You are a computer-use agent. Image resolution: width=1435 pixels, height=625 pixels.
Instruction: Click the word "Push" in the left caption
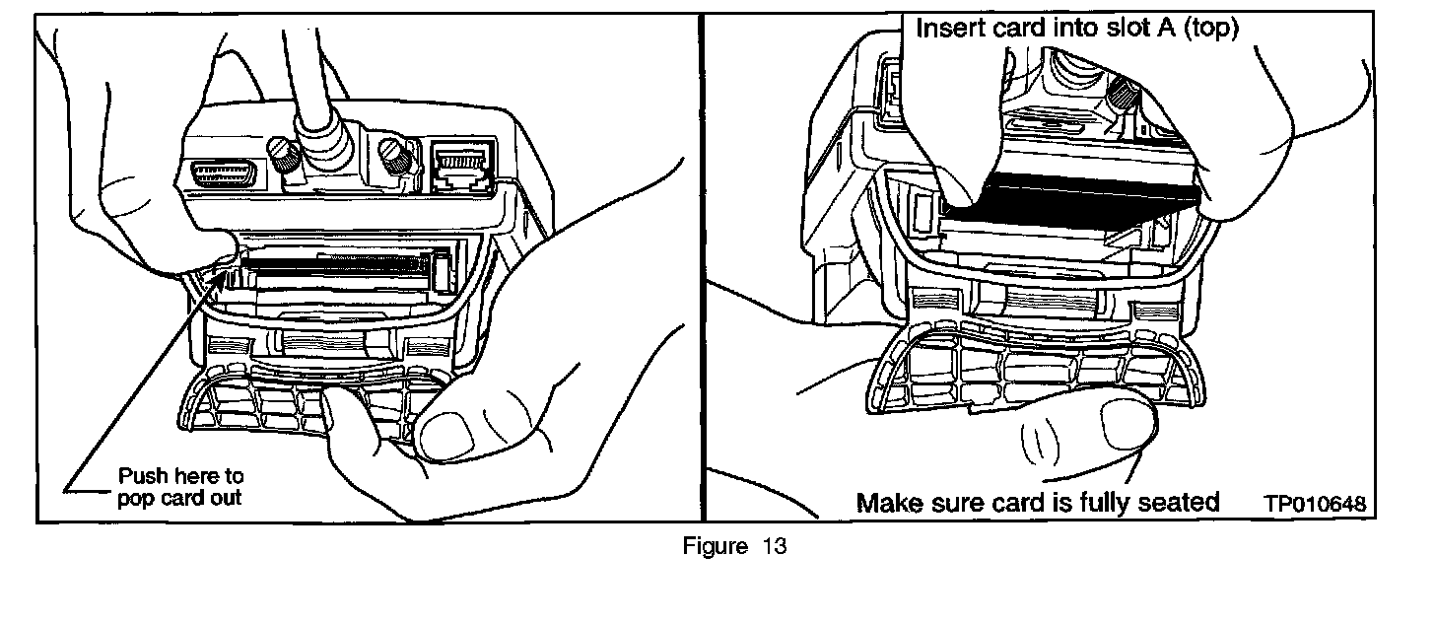(139, 476)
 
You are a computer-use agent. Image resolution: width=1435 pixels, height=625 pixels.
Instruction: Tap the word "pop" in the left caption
(134, 498)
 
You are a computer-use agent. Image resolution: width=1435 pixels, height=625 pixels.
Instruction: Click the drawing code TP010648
(1316, 504)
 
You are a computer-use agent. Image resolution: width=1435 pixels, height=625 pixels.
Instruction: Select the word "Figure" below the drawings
(717, 547)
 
